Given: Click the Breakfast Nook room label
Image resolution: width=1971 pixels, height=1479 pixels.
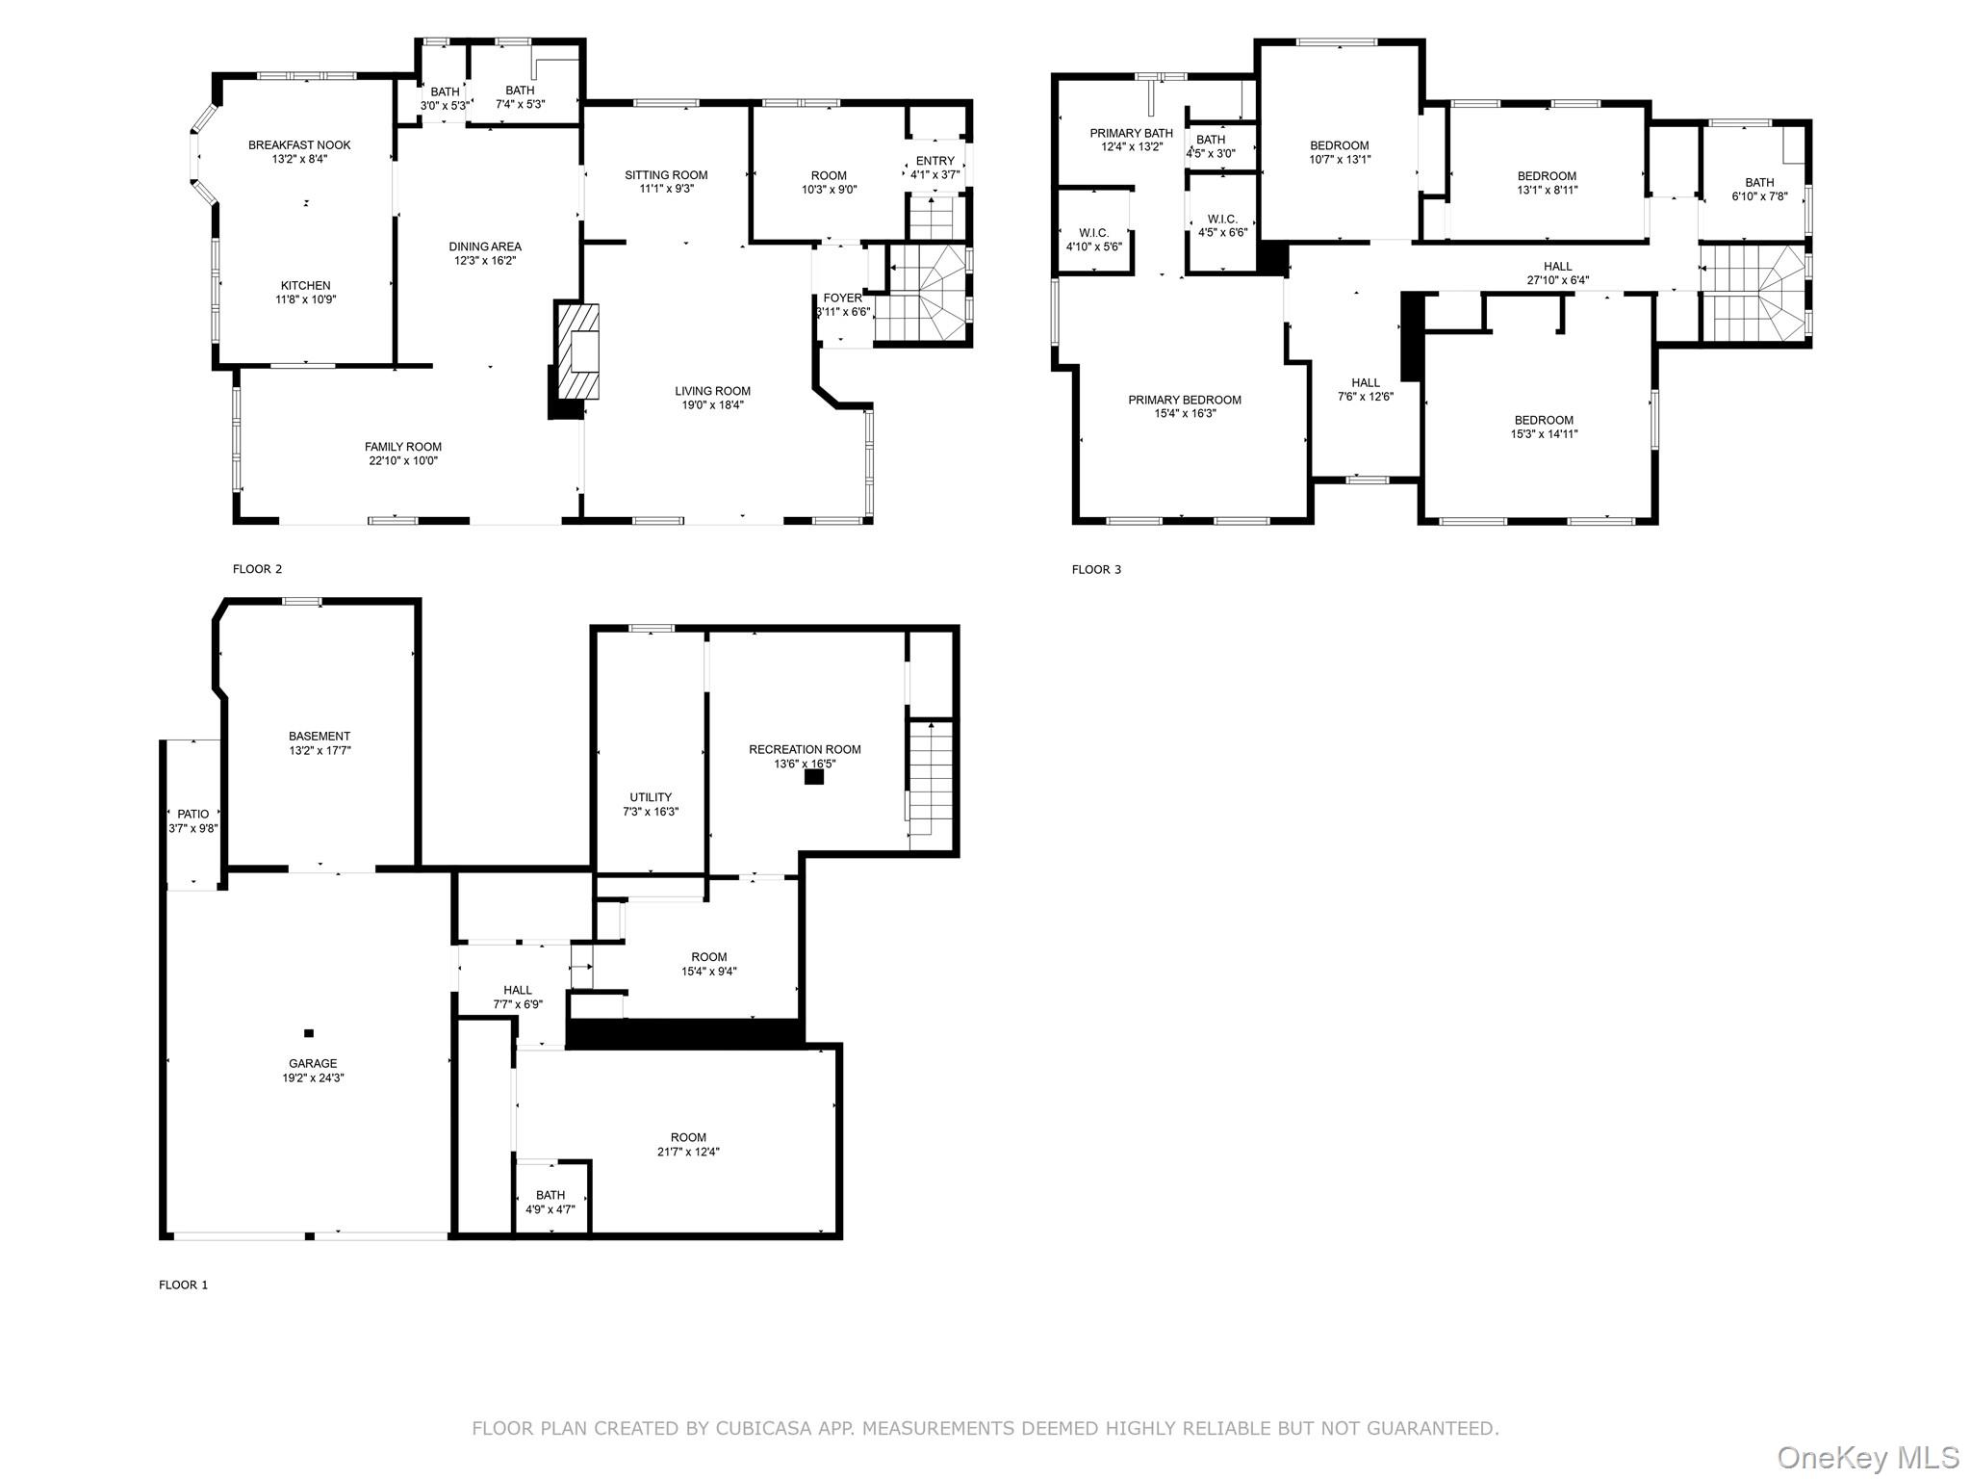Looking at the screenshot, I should (x=299, y=145).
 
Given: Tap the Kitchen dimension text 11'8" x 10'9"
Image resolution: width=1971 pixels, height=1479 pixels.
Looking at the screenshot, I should (x=305, y=299).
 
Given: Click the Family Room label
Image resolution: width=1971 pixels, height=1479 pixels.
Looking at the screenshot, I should (x=402, y=447).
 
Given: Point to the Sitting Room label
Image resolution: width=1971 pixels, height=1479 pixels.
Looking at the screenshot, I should (x=666, y=175).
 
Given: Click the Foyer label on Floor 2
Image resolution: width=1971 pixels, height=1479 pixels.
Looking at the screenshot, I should (x=842, y=298).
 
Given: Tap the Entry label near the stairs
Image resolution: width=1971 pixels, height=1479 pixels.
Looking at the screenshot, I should (x=934, y=161).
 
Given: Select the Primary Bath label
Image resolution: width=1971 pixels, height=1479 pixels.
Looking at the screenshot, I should (x=1131, y=134).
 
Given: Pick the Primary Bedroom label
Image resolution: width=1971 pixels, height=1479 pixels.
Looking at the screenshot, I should (x=1184, y=401).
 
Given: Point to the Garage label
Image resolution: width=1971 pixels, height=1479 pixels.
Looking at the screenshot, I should (x=313, y=1064).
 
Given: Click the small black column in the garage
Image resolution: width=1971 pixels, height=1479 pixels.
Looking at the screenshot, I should (x=309, y=1033).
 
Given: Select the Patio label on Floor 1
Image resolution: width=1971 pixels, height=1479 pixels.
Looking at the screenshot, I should (x=192, y=815).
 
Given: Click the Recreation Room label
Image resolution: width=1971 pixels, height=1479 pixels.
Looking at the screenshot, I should (x=805, y=750).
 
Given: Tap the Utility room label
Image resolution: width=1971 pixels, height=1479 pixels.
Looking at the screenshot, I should (x=651, y=797).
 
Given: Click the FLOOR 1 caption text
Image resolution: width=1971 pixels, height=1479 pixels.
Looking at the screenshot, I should (x=183, y=1284).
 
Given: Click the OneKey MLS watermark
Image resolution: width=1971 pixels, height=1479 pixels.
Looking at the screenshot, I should (x=1866, y=1456).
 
